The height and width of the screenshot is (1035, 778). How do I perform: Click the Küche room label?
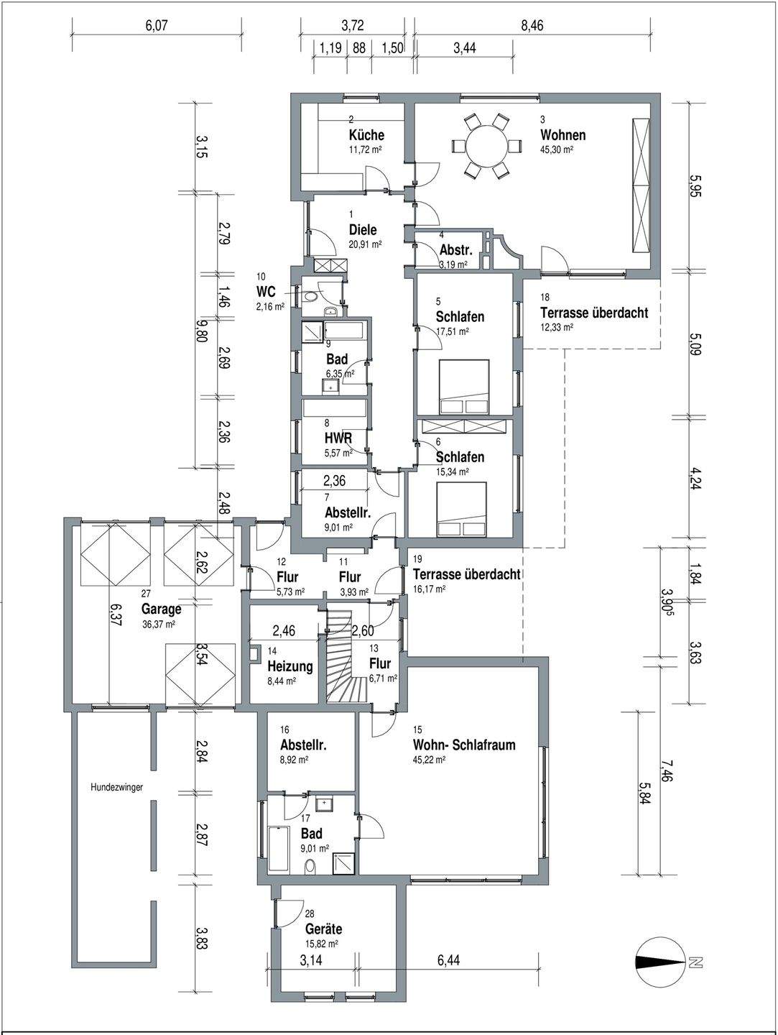click(366, 135)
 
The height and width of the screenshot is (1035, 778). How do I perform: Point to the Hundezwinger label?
click(117, 787)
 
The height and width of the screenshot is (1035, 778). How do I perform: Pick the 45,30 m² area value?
click(557, 150)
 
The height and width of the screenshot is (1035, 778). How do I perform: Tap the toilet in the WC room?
click(310, 297)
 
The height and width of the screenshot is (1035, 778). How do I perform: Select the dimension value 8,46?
click(532, 25)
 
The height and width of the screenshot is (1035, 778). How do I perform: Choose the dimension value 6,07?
click(156, 25)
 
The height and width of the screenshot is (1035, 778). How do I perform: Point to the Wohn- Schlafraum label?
click(464, 745)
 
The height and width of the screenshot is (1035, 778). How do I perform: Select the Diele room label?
click(363, 230)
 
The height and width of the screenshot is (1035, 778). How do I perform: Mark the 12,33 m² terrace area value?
click(557, 327)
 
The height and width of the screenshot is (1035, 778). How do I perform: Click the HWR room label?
click(338, 438)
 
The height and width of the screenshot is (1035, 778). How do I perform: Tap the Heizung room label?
click(290, 666)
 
